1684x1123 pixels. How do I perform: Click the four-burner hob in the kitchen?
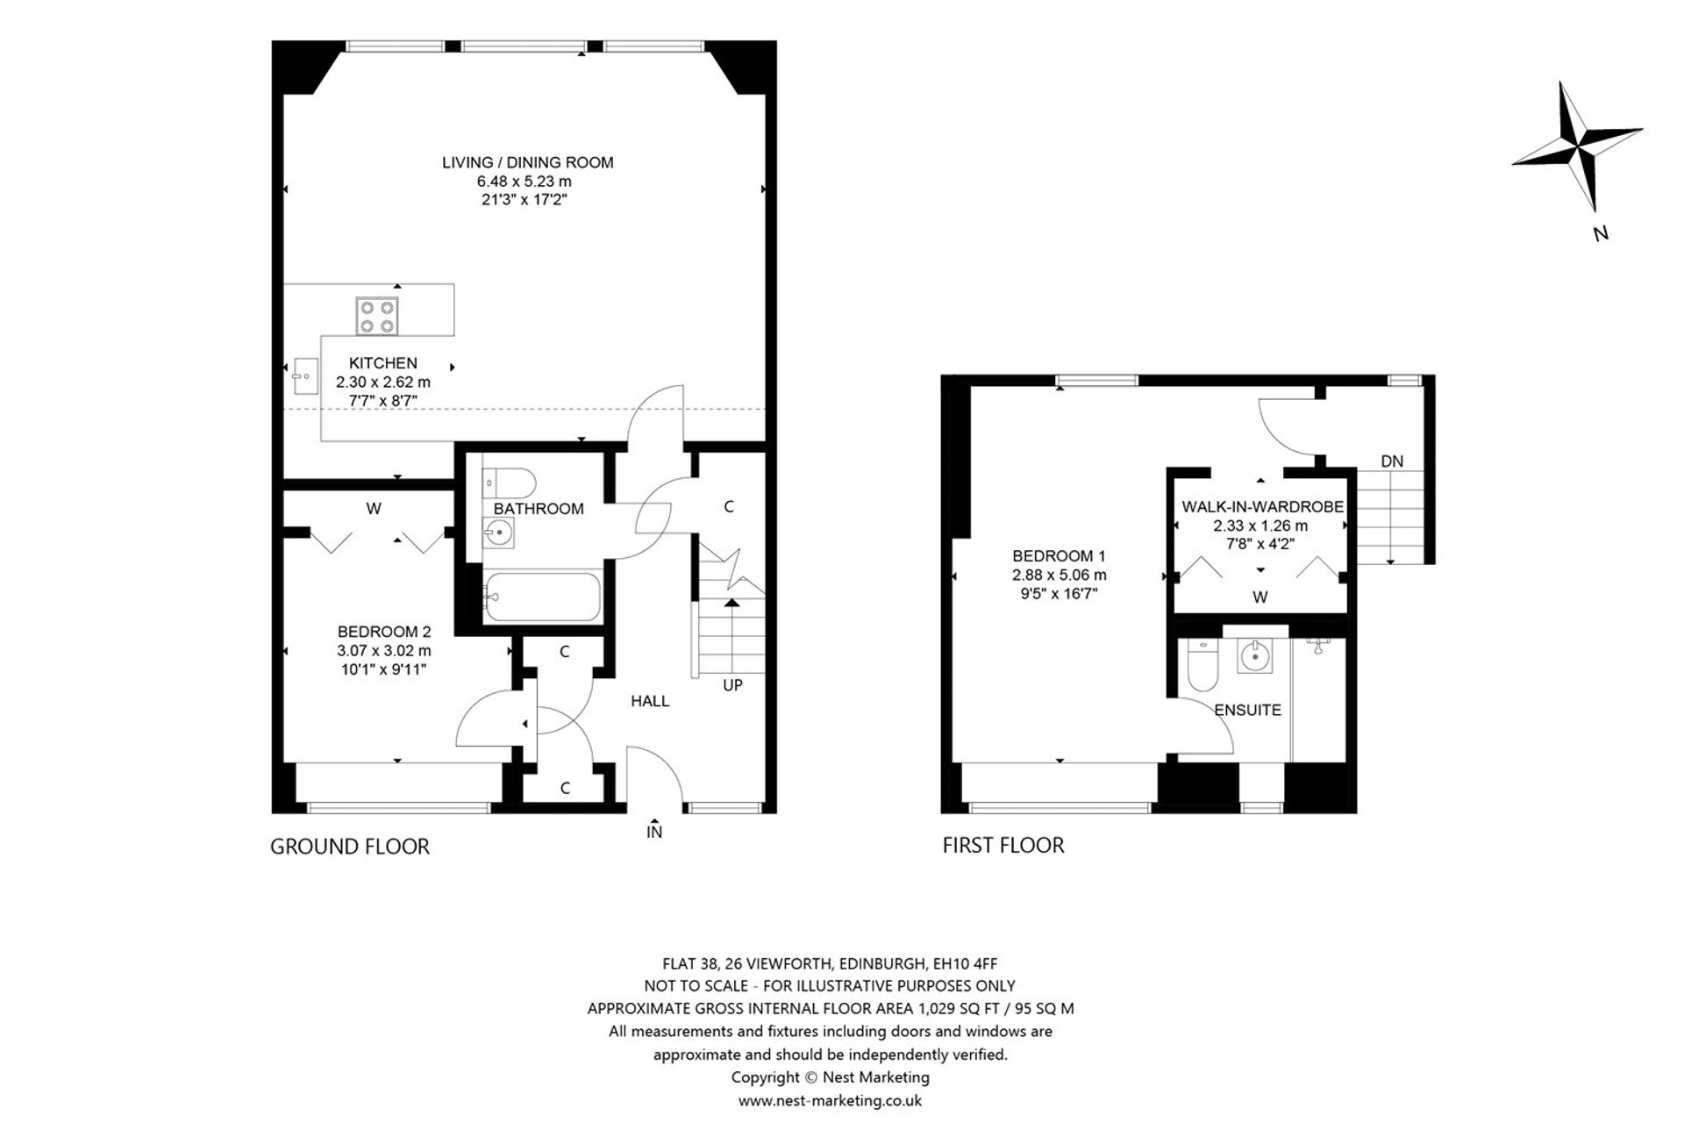[377, 316]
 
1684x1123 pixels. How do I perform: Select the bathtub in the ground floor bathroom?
[541, 597]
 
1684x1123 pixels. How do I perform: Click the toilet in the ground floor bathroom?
[510, 483]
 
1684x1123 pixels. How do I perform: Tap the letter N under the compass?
[1601, 233]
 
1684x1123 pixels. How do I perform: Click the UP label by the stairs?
[732, 685]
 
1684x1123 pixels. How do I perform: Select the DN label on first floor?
[1392, 461]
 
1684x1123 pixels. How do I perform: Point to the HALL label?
[650, 701]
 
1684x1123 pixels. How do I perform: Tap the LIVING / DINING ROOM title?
[527, 162]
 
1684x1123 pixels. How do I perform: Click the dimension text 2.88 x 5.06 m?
[1059, 576]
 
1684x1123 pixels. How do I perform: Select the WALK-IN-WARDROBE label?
[1262, 507]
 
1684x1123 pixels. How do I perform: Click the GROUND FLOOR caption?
[349, 847]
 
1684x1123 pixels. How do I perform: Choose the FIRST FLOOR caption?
[1003, 846]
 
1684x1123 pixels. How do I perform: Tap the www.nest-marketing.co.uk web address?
[830, 1100]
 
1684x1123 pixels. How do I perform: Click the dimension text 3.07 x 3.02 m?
[384, 651]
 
